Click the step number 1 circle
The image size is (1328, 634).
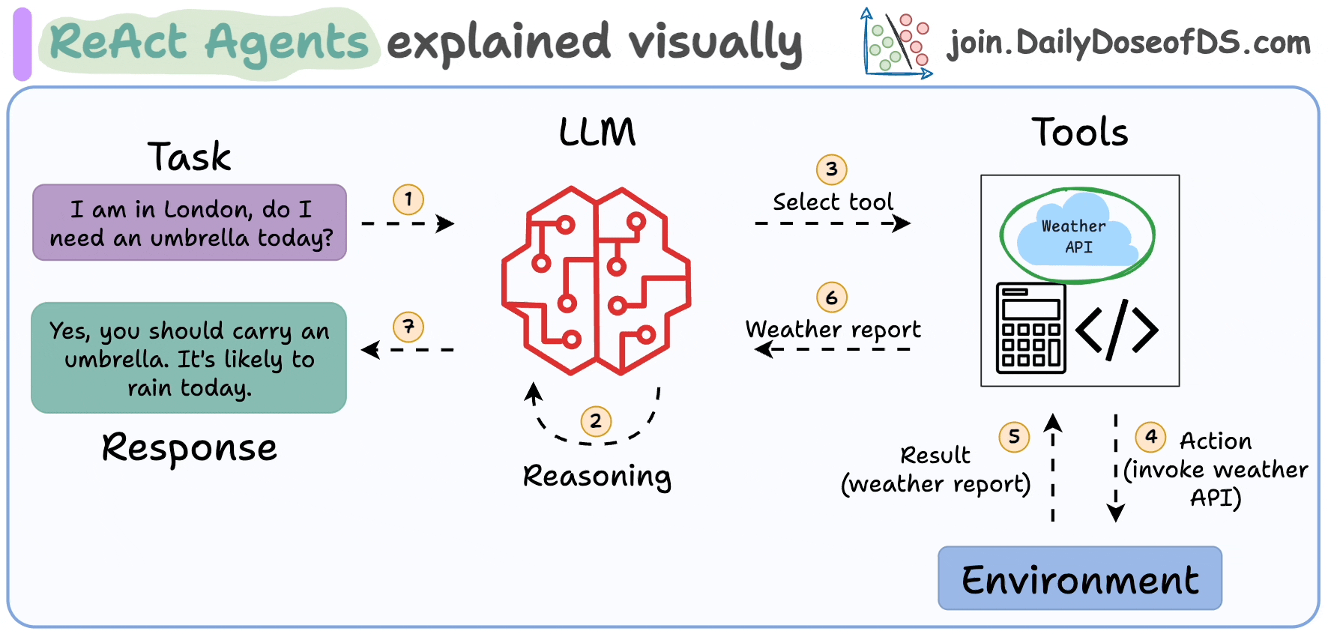coord(408,199)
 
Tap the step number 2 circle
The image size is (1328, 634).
coord(596,421)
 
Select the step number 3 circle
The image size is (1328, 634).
coord(831,169)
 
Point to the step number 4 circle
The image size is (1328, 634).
coord(1150,437)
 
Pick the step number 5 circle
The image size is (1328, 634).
coord(1014,437)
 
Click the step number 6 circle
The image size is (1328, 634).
coord(831,298)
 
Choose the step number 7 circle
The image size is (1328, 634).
coord(408,327)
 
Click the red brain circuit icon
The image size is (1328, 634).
coord(596,280)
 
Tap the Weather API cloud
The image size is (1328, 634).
coord(1076,235)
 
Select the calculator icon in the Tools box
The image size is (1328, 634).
coord(1030,328)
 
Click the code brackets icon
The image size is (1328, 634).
coord(1117,328)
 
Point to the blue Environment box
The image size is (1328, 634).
coord(1079,579)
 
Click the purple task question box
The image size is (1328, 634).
coord(190,223)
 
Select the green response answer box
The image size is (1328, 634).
coord(189,358)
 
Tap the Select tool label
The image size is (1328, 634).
coord(833,202)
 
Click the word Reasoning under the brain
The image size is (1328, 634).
coord(597,476)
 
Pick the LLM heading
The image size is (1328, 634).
coord(597,132)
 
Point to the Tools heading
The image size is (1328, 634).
coord(1079,132)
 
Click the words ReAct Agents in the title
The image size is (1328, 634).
coord(209,42)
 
